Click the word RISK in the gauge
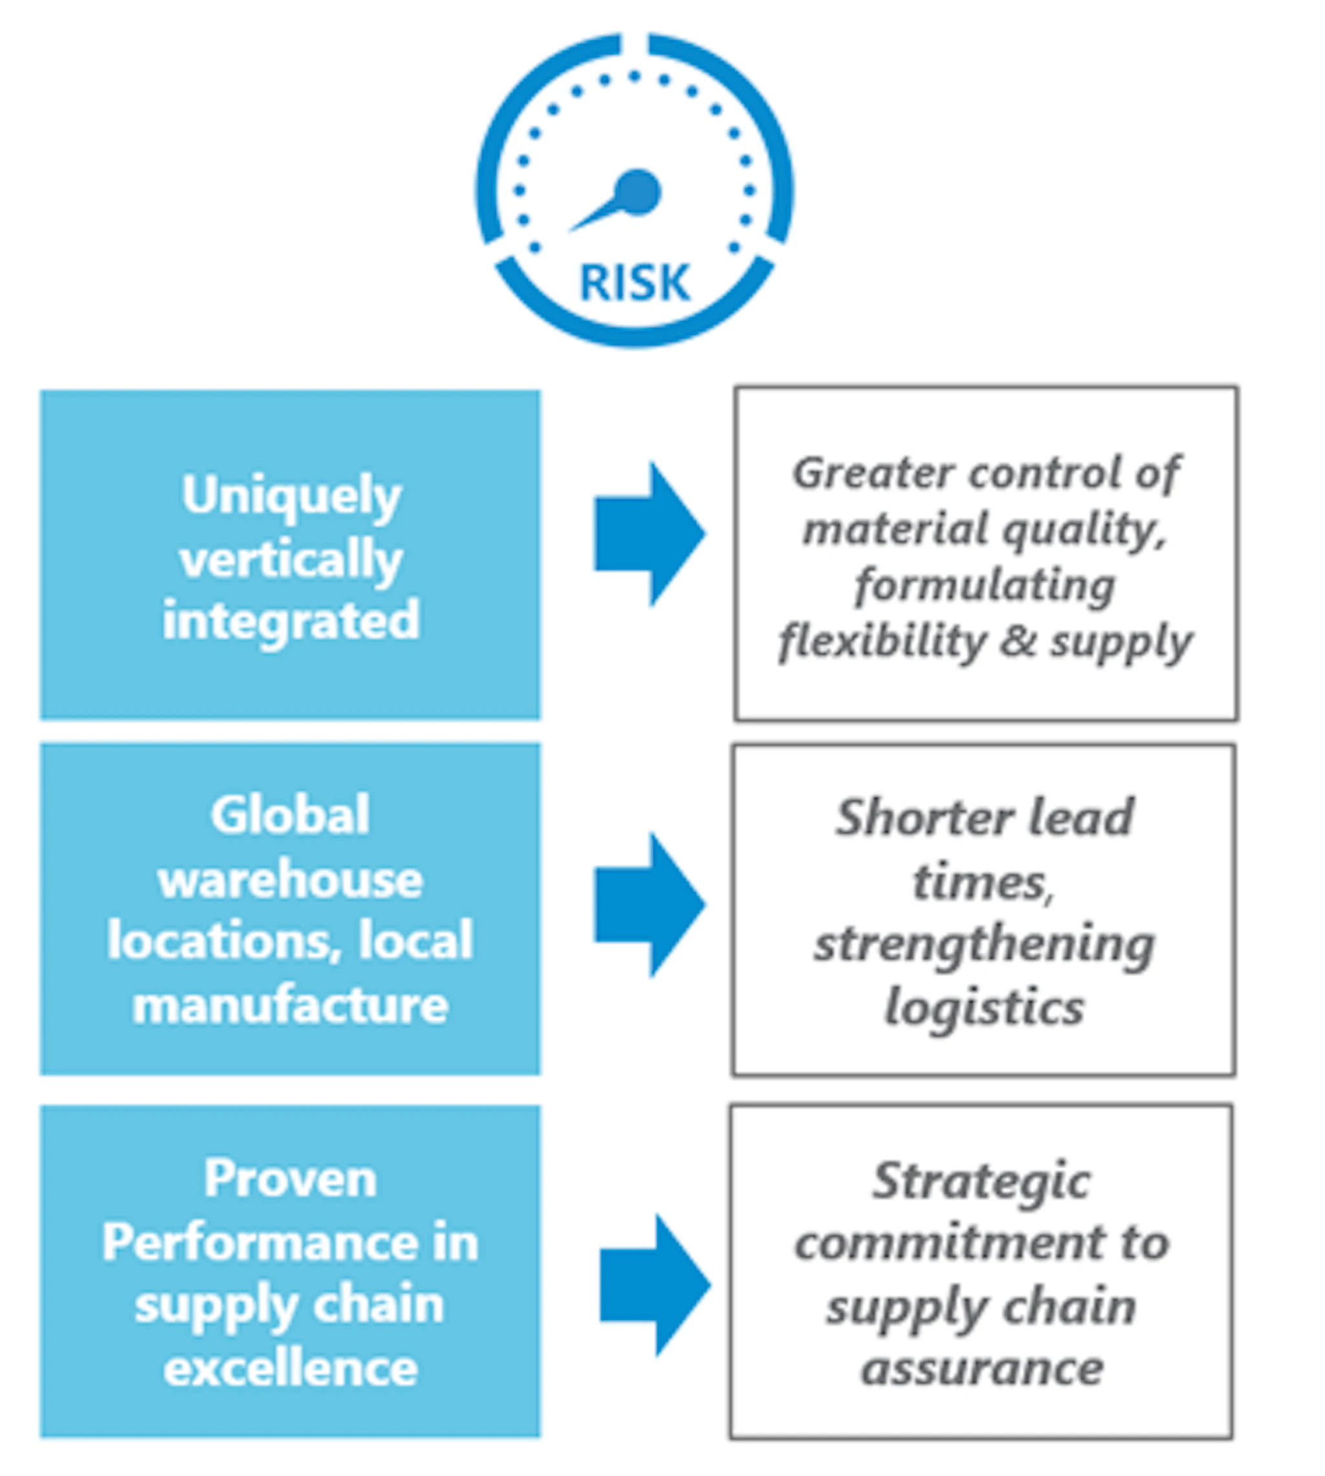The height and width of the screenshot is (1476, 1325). (634, 283)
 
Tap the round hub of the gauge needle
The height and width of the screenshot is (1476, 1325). (638, 193)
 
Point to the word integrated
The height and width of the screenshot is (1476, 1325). (291, 621)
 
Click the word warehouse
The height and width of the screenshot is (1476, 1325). (290, 879)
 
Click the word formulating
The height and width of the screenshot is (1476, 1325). (984, 586)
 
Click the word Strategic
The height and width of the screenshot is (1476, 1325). (981, 1181)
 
